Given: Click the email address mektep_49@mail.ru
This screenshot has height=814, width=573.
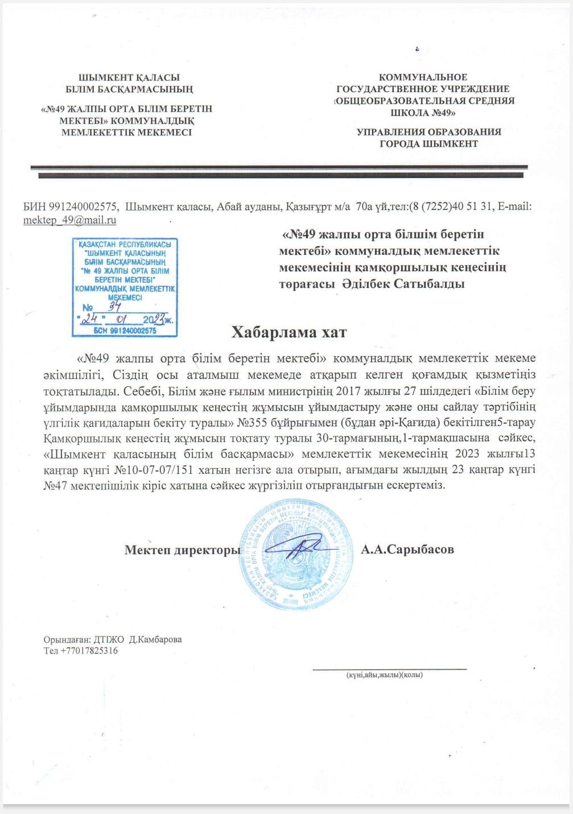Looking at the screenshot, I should pos(69,220).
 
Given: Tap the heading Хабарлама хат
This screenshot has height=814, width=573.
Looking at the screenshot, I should pos(288,332).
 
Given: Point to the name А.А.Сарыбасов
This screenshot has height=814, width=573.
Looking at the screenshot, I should pos(407,549).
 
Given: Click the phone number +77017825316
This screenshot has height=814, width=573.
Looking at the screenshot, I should pos(89,651).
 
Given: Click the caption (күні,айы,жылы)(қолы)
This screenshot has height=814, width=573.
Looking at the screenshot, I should pos(384,675).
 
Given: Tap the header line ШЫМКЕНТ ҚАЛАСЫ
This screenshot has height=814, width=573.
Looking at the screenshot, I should pos(129,77).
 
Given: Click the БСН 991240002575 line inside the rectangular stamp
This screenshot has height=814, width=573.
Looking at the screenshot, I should pos(125,330).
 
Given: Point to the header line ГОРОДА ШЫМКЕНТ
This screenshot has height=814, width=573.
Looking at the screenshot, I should pos(428,144).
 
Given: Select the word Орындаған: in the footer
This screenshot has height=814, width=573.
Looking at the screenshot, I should pos(64,639).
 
